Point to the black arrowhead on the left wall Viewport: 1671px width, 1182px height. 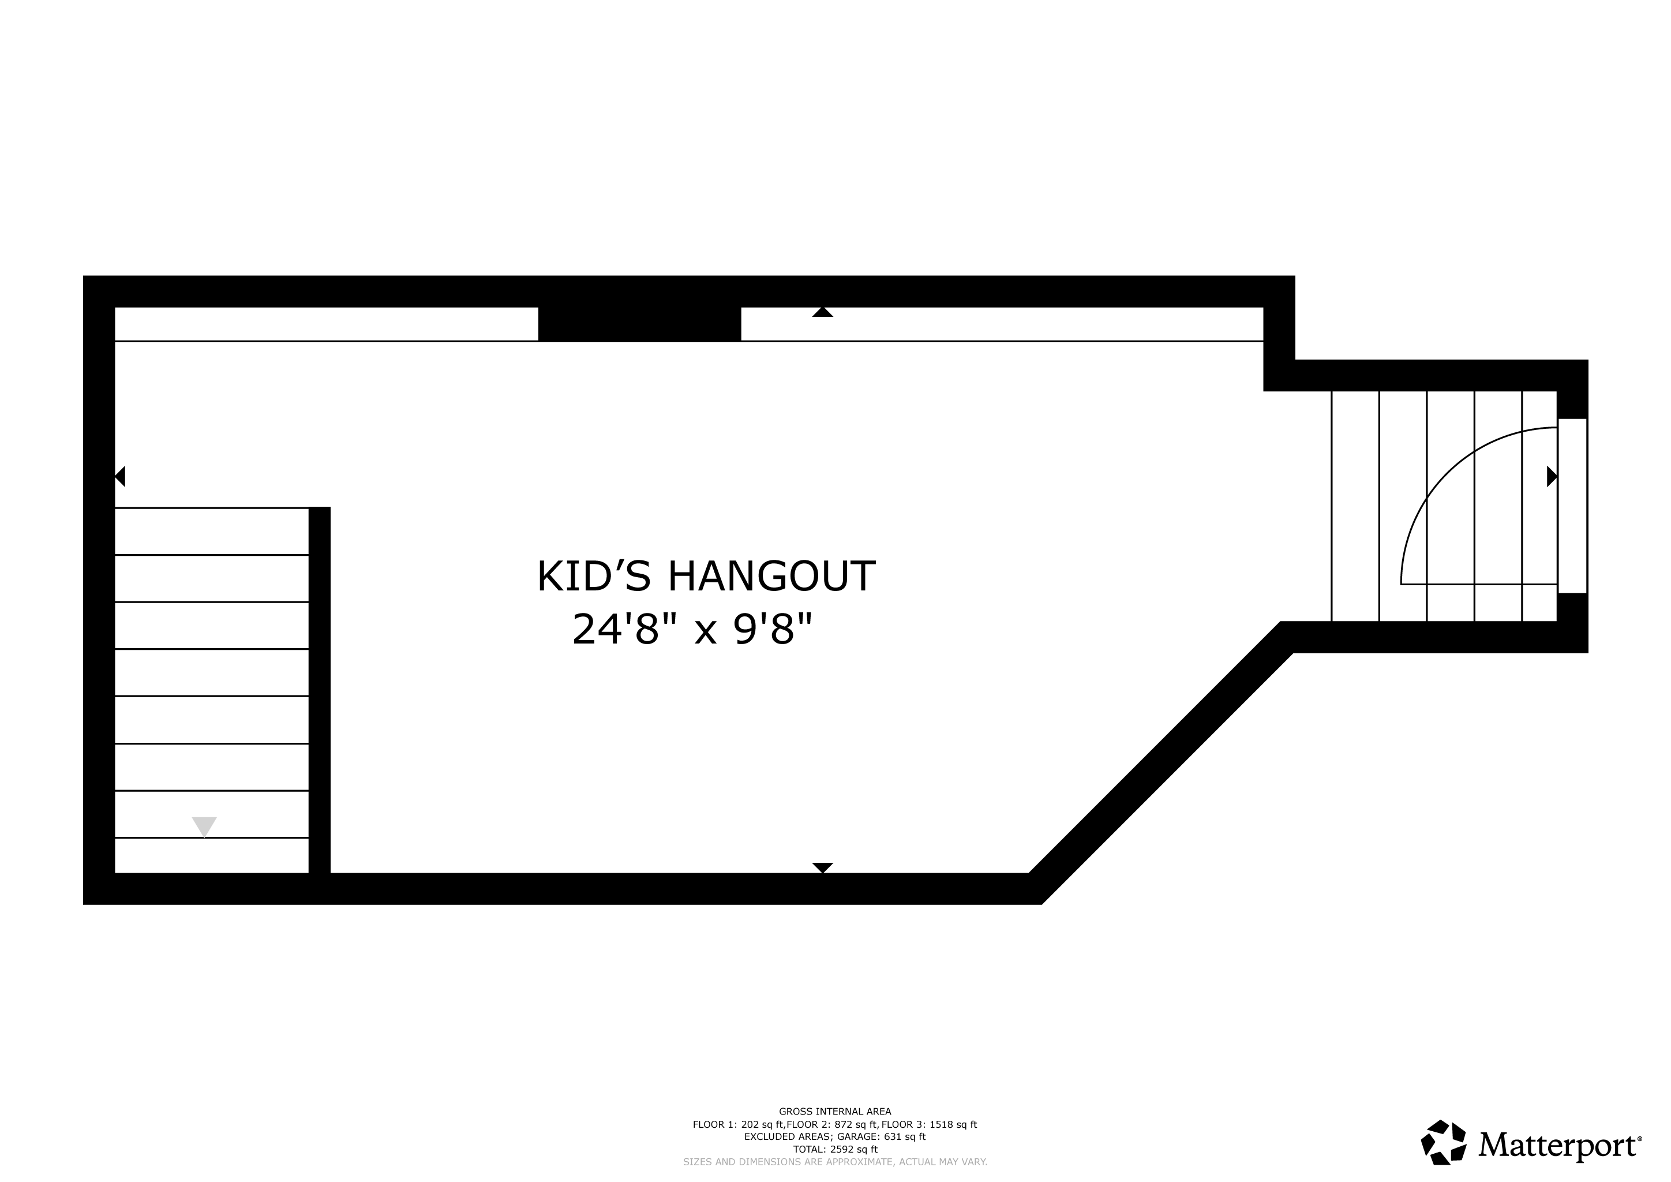(120, 477)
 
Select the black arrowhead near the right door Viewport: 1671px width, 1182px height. (1552, 477)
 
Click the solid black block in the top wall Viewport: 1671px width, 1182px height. (640, 324)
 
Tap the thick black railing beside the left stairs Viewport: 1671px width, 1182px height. (320, 690)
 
